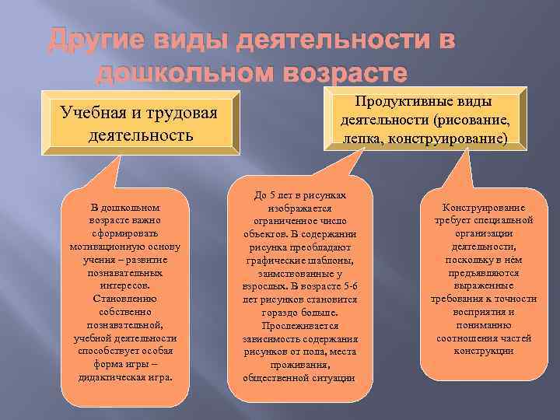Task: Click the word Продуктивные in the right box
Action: (424, 103)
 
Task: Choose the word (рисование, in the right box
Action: (473, 121)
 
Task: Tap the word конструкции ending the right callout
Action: (484, 351)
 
